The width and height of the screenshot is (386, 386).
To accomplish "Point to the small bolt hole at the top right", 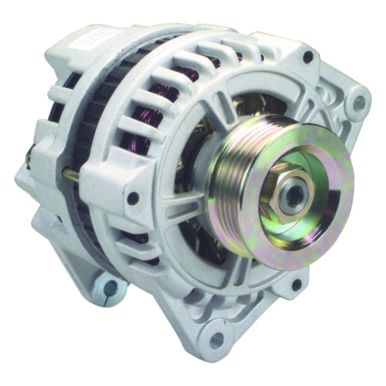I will pyautogui.click(x=308, y=58).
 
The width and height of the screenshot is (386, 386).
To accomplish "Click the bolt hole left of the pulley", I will pyautogui.click(x=133, y=198).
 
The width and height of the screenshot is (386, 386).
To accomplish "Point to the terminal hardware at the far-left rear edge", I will pyautogui.click(x=30, y=157).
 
